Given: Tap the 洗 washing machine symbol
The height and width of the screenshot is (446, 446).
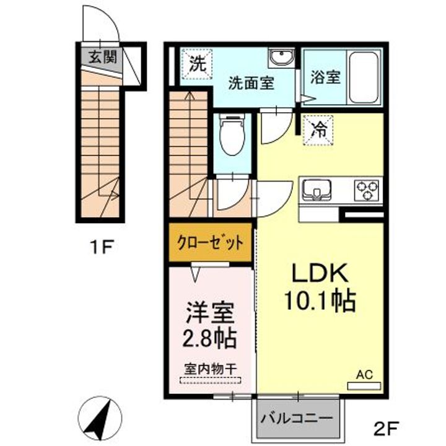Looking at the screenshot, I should pos(197,63).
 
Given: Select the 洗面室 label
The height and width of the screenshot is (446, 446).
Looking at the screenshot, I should pos(251,83).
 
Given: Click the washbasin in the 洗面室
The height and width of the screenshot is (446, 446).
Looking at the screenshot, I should pos(282,58).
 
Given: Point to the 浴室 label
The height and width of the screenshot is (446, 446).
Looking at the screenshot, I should pos(324,78).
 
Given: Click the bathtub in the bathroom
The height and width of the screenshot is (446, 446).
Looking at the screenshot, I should pos(364,77).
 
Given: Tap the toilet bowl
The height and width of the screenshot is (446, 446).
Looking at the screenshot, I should pos(232,138).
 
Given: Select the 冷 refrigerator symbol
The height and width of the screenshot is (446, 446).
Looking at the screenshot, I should pos(319,130).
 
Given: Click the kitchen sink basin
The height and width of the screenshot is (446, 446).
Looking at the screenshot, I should pos(317,189).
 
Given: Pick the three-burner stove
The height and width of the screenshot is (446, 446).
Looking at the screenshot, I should pos(366,189).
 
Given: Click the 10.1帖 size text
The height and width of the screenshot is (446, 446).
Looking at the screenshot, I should pos(319,301).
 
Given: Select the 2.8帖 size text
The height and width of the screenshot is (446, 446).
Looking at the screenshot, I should pos(211,339).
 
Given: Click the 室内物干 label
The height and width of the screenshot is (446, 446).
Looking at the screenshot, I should pos(210,369).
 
